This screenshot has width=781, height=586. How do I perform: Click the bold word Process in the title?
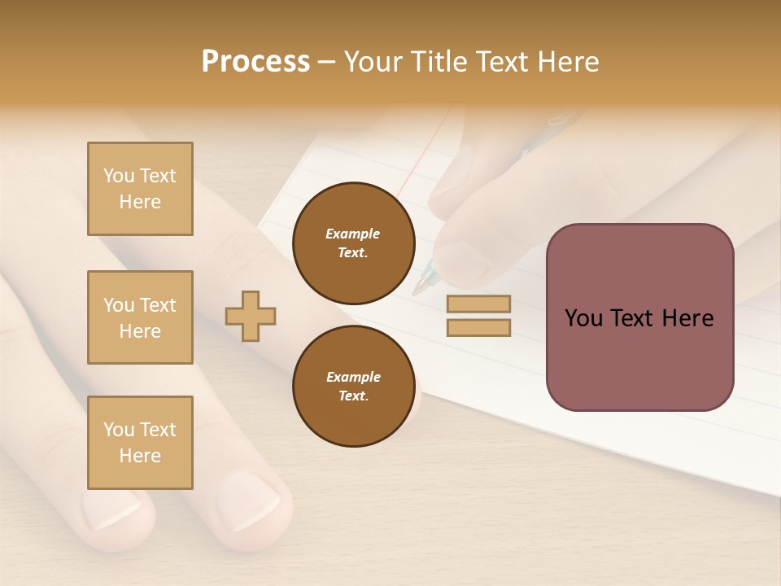click(x=255, y=62)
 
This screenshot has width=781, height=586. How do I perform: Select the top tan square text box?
click(x=140, y=189)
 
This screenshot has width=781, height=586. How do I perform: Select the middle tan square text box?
click(x=140, y=317)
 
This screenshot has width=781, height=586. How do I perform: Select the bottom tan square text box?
click(x=140, y=443)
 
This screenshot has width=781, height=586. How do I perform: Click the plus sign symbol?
click(x=251, y=316)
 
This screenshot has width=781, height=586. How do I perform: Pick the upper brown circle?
click(x=353, y=243)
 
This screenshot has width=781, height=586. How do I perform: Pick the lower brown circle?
click(x=353, y=386)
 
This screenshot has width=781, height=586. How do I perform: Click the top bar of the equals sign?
click(x=478, y=304)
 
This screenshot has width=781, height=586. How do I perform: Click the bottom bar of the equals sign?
click(x=478, y=328)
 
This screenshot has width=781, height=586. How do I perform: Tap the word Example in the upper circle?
click(x=352, y=234)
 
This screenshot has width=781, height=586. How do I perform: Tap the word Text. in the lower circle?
click(x=353, y=396)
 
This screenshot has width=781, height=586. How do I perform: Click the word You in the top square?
click(x=119, y=176)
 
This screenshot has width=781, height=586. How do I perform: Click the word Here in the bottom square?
click(x=140, y=456)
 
